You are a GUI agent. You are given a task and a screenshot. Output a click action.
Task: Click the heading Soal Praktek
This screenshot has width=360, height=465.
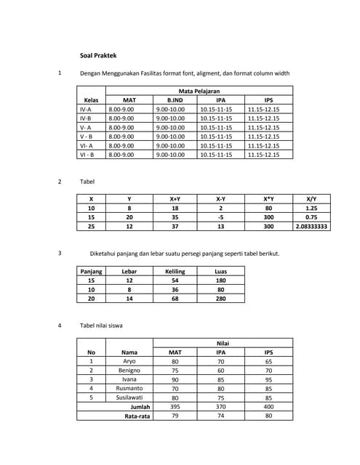(98, 55)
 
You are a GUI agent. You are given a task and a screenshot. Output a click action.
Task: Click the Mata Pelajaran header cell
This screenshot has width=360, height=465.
(199, 91)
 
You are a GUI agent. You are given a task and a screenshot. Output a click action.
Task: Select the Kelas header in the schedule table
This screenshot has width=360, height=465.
(91, 100)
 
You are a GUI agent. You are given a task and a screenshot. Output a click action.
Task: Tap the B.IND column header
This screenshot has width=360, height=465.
(175, 100)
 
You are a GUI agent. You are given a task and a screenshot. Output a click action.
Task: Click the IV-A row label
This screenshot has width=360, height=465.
(86, 109)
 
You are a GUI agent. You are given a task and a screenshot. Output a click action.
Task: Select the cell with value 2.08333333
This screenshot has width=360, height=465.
(311, 226)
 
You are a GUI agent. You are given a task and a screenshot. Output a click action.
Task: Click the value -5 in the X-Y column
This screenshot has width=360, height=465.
(220, 217)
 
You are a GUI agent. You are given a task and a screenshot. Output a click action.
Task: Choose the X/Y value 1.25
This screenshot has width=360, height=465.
(311, 208)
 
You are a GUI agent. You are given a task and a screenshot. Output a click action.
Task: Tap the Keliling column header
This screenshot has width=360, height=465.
(175, 271)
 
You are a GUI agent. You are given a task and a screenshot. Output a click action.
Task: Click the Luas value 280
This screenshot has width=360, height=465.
(220, 298)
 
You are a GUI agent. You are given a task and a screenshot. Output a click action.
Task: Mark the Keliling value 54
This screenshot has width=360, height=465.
(175, 280)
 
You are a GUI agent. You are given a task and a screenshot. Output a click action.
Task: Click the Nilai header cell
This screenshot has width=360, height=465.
(223, 343)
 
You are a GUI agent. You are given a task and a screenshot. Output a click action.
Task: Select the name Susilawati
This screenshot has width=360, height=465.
(129, 397)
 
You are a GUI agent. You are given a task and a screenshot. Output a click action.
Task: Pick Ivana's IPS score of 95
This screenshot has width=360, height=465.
(268, 379)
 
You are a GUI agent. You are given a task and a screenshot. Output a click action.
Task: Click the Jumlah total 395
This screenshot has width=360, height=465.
(175, 407)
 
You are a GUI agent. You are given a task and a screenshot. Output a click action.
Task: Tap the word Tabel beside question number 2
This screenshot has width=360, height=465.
(87, 182)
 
